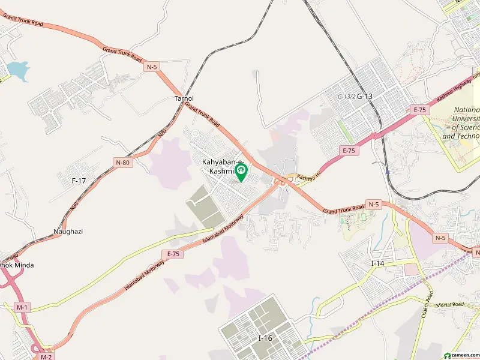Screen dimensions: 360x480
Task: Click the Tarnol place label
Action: (184, 98)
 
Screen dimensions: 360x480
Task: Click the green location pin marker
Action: (241, 173)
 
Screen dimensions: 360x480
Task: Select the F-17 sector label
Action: (79, 180)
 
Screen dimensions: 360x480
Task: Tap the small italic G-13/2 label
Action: (346, 96)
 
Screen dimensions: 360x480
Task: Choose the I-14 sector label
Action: (377, 263)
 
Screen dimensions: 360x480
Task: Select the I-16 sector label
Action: (265, 338)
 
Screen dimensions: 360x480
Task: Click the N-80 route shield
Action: (122, 162)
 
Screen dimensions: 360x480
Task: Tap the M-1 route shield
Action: (23, 307)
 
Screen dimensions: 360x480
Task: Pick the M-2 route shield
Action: (46, 356)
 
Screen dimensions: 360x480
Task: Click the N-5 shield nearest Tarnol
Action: (151, 68)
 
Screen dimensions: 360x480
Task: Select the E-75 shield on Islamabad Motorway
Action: (173, 254)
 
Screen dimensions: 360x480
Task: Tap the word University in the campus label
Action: (466, 119)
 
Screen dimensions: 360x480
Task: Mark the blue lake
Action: (17, 71)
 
